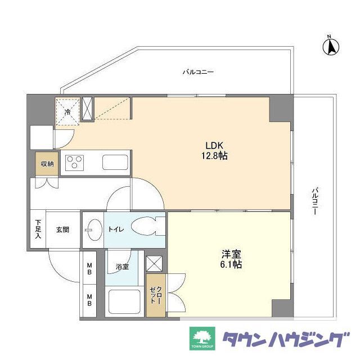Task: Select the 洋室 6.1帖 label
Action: (x=231, y=259)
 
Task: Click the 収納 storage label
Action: (x=47, y=164)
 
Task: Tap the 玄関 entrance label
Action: (x=62, y=229)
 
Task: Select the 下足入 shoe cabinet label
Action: (x=38, y=229)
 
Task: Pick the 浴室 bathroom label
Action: (x=123, y=266)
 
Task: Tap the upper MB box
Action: (x=89, y=269)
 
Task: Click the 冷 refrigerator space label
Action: (x=67, y=111)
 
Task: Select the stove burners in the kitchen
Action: (x=74, y=163)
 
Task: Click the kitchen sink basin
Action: (x=115, y=162)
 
